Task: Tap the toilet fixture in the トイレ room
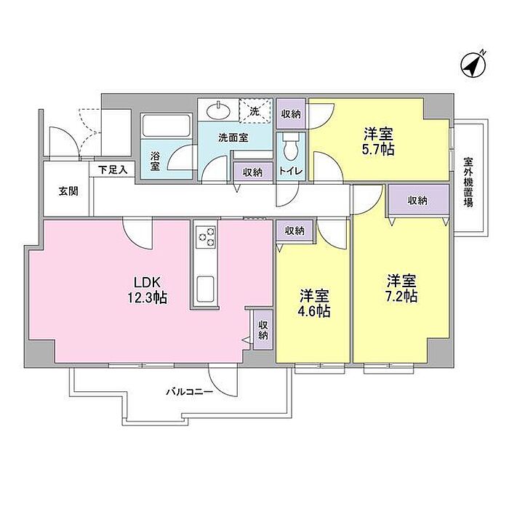click(x=291, y=148)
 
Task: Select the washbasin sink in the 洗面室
click(x=218, y=111)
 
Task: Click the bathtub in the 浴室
click(x=167, y=127)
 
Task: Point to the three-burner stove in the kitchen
click(x=206, y=237)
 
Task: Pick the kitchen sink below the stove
click(x=206, y=289)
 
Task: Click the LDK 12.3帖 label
click(x=147, y=289)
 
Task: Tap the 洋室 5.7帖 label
click(x=379, y=141)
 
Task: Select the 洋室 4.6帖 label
click(x=314, y=303)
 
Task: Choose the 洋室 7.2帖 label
click(x=401, y=288)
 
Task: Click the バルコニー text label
click(x=190, y=392)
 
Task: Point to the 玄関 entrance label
click(x=68, y=191)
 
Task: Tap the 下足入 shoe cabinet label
click(x=113, y=169)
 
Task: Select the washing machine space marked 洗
click(x=254, y=111)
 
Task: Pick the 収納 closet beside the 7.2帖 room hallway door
click(x=419, y=200)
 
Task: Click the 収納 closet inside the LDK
click(x=263, y=330)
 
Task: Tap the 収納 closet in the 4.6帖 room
click(x=294, y=231)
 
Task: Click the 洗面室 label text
click(x=233, y=137)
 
